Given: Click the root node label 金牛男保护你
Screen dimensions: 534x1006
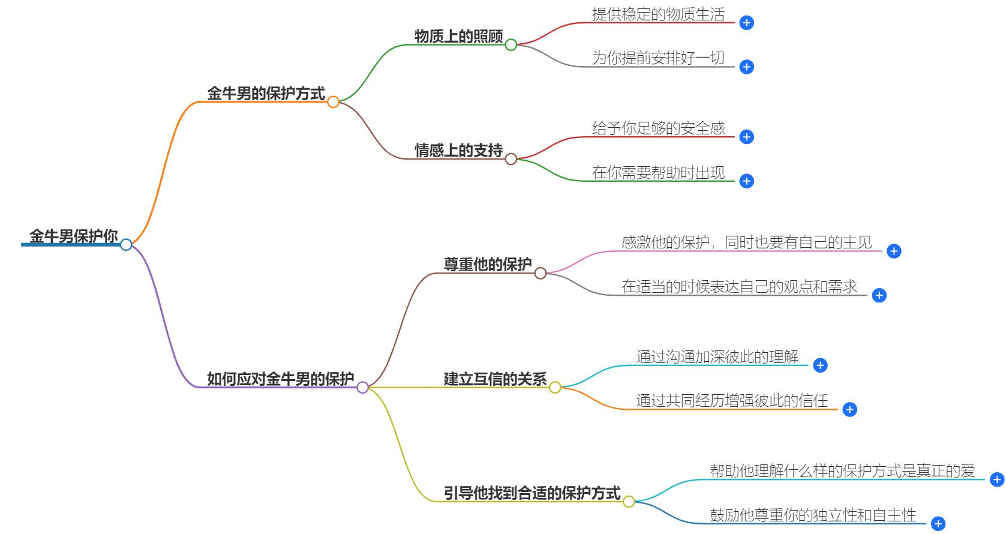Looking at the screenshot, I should [73, 236].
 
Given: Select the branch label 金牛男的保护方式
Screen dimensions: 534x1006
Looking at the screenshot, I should [266, 94].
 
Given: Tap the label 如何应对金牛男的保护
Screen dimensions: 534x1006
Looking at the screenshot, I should [280, 379].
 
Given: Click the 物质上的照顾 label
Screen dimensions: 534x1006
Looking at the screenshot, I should [458, 37].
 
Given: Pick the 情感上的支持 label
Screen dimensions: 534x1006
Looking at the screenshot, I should [458, 151].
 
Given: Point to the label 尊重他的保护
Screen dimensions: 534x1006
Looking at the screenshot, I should [487, 265].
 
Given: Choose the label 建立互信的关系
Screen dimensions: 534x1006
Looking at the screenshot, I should [495, 379].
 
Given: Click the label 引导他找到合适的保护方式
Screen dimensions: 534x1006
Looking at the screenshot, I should [531, 493].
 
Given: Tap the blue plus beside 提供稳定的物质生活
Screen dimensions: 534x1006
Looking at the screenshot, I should [746, 23].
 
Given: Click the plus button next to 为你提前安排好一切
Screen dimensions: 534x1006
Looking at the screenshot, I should [746, 67].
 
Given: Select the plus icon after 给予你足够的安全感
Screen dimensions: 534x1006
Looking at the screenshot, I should [746, 137].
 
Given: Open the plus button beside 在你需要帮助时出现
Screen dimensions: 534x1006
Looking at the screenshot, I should [746, 181].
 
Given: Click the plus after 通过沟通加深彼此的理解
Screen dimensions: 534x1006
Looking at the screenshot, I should [820, 365].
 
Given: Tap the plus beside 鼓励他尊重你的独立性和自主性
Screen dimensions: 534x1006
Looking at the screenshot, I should [938, 524].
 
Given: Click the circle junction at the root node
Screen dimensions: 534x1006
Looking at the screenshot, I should [126, 244].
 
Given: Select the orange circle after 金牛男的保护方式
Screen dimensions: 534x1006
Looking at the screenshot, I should [334, 102].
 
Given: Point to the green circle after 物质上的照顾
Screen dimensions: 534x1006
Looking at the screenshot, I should [511, 45].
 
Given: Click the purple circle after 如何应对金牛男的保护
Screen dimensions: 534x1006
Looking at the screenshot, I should [362, 388].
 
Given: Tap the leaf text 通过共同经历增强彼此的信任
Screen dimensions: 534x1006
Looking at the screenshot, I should [731, 401].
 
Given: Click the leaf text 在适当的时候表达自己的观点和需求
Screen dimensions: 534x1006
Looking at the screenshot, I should [739, 287].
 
